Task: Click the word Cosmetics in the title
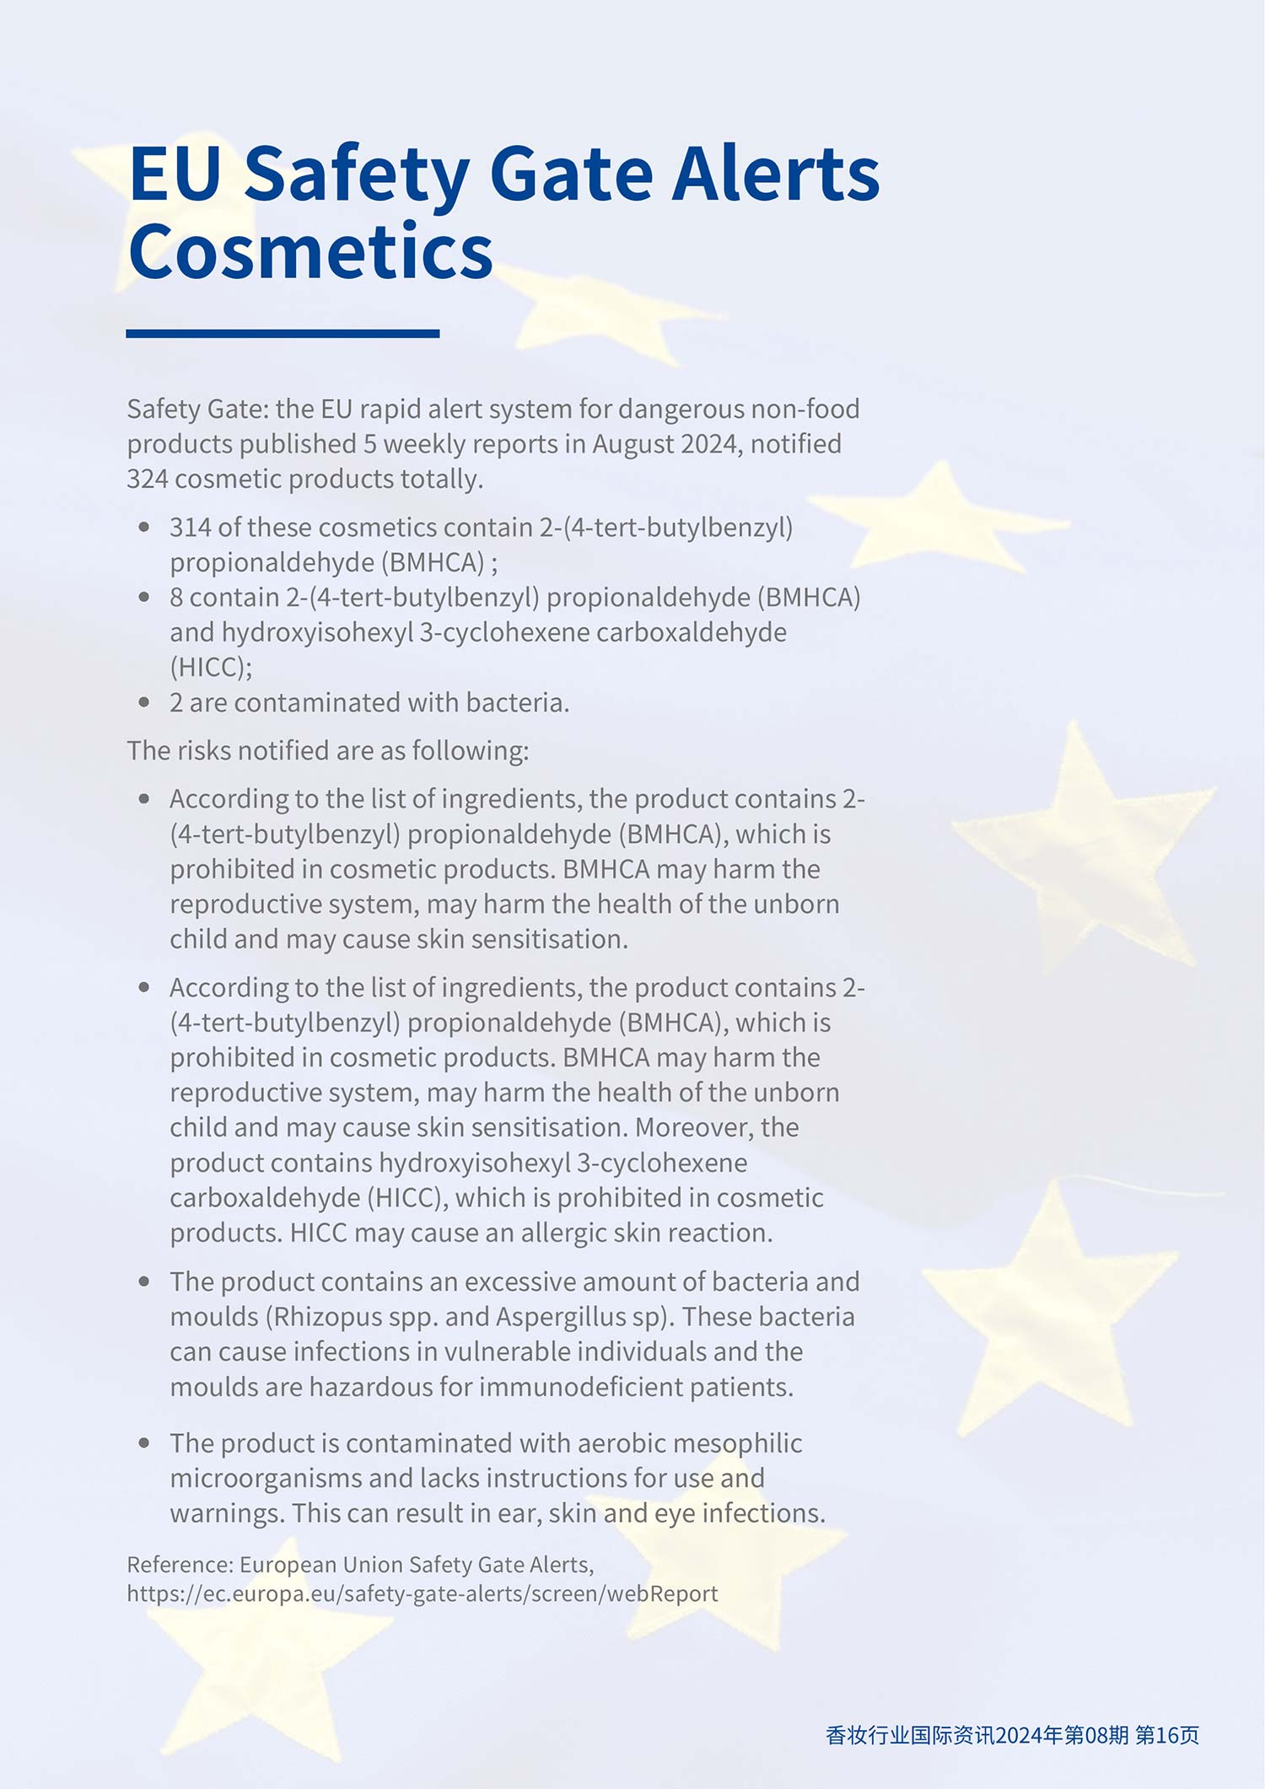tap(310, 251)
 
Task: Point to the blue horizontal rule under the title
tap(283, 334)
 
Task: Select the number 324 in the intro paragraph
tap(148, 479)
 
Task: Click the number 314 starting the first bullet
tap(191, 528)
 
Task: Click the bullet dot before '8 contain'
tap(144, 597)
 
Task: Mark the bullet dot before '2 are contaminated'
tap(144, 701)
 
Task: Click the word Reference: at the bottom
tap(180, 1565)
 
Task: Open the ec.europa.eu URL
tap(423, 1593)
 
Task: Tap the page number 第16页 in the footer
tap(1167, 1735)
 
